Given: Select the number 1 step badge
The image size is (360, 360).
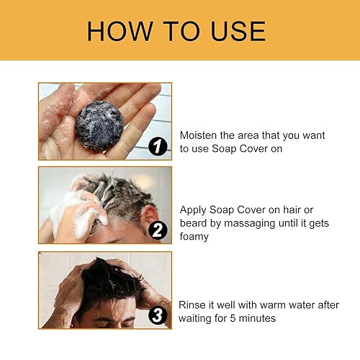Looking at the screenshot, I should [x=158, y=148].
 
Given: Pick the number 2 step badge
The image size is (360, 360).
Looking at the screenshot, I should [x=158, y=230].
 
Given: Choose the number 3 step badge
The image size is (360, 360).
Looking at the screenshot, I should [x=158, y=315].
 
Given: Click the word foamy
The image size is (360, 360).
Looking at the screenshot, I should [x=194, y=235].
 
